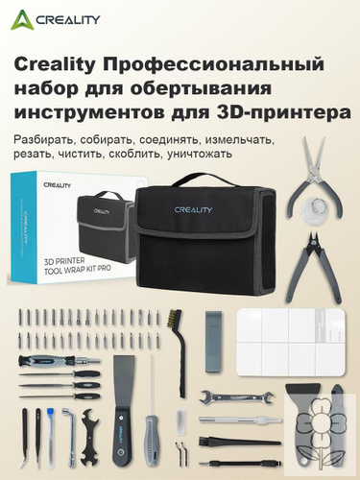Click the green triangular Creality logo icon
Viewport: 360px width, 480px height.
(x=22, y=20)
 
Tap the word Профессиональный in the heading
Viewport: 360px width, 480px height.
(x=214, y=64)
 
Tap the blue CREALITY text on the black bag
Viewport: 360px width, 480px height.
(x=193, y=210)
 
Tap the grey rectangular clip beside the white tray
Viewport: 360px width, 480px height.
(x=213, y=342)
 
